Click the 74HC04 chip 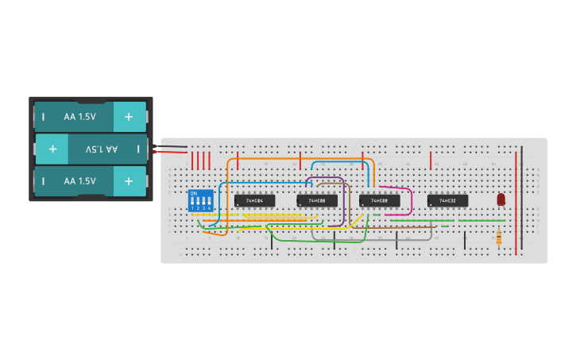pos(254,200)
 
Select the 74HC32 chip pos(447,200)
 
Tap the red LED pos(501,199)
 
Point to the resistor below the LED pos(498,237)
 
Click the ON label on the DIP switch pos(193,193)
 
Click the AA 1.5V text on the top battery pos(79,117)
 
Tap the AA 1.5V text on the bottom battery pos(79,181)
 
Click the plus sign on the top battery pos(129,117)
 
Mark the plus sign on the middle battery pos(52,149)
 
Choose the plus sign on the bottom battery pos(129,181)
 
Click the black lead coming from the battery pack pos(175,146)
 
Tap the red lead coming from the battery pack pos(175,152)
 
